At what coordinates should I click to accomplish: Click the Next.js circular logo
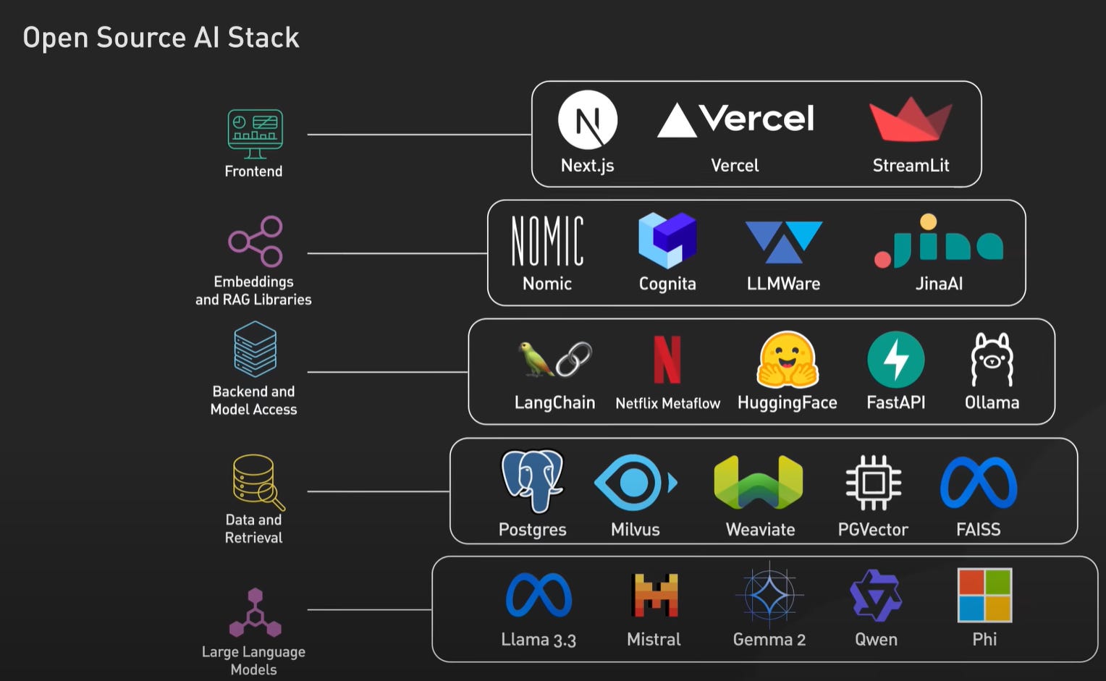[x=588, y=120]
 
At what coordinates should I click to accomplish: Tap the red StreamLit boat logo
[x=911, y=121]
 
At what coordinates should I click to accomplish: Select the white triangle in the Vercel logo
[x=677, y=122]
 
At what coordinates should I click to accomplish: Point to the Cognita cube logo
[x=667, y=240]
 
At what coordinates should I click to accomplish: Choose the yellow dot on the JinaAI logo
[x=928, y=222]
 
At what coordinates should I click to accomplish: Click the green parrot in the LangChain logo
[x=535, y=359]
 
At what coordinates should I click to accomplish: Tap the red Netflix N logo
[x=667, y=360]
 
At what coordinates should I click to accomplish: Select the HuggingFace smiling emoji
[x=787, y=360]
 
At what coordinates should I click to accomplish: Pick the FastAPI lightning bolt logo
[x=895, y=360]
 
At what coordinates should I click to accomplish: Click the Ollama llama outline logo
[x=992, y=360]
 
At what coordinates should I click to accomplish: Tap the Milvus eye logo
[x=635, y=483]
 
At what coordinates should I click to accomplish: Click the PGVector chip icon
[x=873, y=483]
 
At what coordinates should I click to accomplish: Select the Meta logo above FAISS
[x=978, y=483]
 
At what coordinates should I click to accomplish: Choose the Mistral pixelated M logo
[x=654, y=596]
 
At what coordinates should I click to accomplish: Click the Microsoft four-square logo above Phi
[x=984, y=596]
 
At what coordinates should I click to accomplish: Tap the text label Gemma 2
[x=769, y=640]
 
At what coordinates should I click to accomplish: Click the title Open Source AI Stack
[x=161, y=38]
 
